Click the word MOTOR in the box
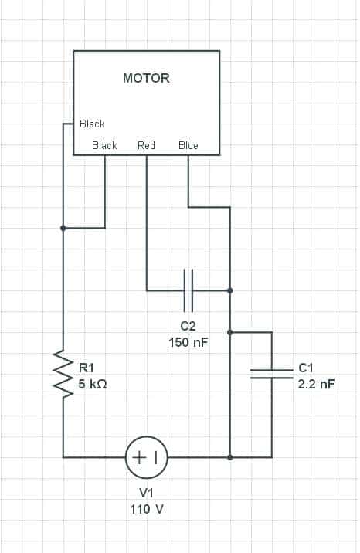pos(146,78)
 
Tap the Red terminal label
pos(146,145)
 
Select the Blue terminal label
pos(188,145)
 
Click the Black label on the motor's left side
pos(92,124)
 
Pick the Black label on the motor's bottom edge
pos(104,145)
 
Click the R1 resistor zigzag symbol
pos(63,374)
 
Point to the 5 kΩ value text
pos(93,384)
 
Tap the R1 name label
pos(86,368)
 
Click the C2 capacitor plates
pos(188,290)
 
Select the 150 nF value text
pos(188,342)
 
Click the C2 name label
pos(188,326)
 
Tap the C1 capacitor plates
pos(271,374)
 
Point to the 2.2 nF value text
pos(316,384)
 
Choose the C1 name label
pos(306,368)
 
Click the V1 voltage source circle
pos(146,457)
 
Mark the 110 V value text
pos(147,509)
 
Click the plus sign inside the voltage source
pos(139,457)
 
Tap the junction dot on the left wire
pos(63,228)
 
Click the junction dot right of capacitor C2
pos(230,290)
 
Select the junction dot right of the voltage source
pos(230,457)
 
